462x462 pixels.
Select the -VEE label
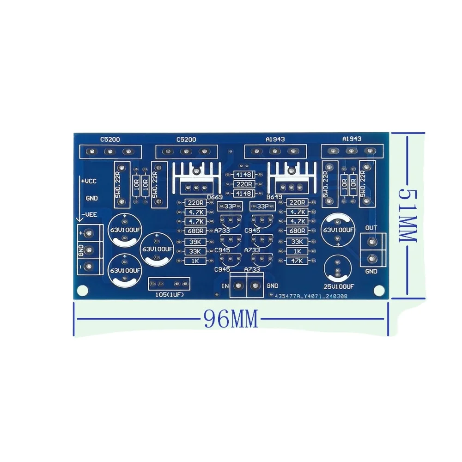point(89,215)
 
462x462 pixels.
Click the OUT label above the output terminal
point(371,228)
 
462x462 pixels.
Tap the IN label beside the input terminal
point(225,286)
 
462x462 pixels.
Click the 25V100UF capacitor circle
point(339,269)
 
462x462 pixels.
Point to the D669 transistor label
point(215,198)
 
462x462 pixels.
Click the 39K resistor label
point(191,241)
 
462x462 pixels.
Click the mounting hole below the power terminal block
point(82,290)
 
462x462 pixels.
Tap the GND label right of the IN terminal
point(273,286)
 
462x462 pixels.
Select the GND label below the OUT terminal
point(371,272)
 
